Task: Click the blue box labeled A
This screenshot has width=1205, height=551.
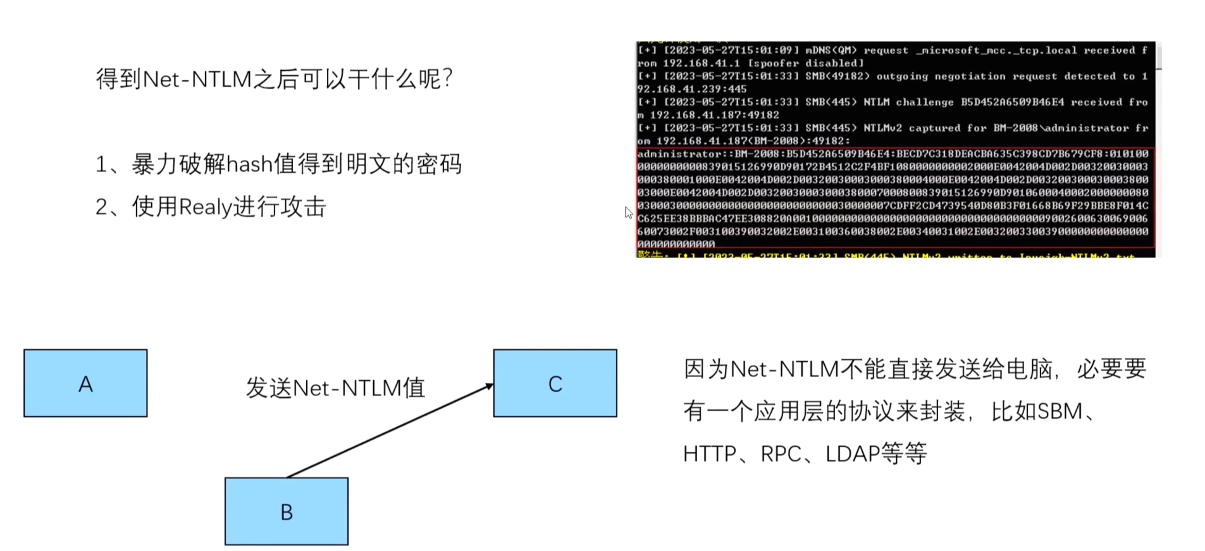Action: tap(85, 383)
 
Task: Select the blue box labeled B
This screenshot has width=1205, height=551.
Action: tap(286, 511)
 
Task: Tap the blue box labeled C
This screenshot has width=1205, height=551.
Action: tap(555, 383)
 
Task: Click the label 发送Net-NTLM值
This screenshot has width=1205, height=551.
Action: tap(335, 388)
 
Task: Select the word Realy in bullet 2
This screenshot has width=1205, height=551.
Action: tap(206, 207)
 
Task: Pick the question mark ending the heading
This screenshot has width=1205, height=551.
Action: tap(448, 79)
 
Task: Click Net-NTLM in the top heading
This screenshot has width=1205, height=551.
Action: tap(197, 79)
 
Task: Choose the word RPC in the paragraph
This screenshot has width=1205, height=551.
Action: tap(781, 454)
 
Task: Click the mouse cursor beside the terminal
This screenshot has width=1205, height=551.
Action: tap(627, 212)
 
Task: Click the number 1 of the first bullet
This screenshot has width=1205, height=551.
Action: tap(101, 165)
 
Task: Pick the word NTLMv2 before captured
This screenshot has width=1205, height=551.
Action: tap(882, 128)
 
